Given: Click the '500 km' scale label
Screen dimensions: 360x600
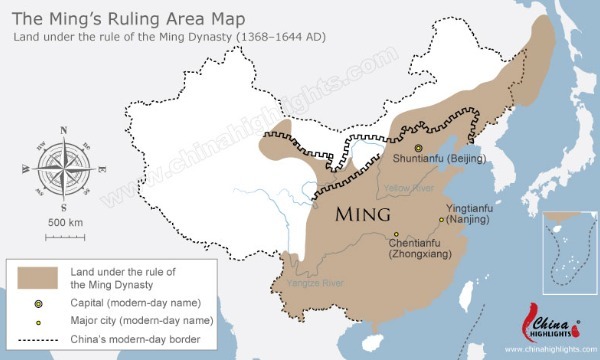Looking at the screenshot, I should [64, 221].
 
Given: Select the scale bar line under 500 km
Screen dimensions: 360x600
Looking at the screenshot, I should [64, 236].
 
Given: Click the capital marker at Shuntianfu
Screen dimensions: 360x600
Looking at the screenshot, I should [420, 149].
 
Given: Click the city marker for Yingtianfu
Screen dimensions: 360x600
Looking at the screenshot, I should [441, 219].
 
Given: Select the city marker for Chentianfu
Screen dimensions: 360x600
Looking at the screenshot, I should [395, 235].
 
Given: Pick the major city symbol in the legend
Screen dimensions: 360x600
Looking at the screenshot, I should [39, 321].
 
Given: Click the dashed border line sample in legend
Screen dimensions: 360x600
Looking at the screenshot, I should [39, 340].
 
